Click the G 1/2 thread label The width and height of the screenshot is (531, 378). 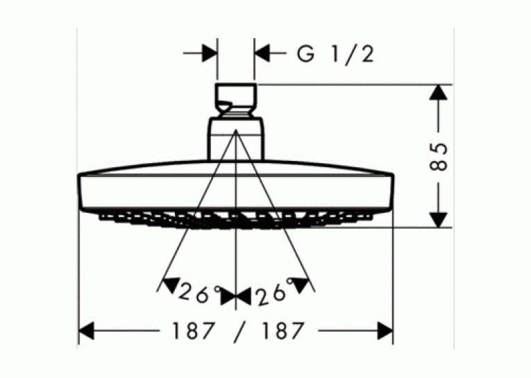(x=335, y=54)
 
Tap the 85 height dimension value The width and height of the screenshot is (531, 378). (x=439, y=157)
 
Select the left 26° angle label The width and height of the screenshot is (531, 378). (x=199, y=293)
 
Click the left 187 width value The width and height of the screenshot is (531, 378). (x=194, y=331)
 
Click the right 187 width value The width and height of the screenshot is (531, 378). (x=282, y=331)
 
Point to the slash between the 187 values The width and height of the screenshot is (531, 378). (x=239, y=333)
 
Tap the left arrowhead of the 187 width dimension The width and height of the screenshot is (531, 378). (x=86, y=331)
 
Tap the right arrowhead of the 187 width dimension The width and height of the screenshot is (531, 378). (x=385, y=331)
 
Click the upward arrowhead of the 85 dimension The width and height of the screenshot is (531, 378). (x=439, y=92)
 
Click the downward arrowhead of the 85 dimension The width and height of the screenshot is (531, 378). (x=439, y=220)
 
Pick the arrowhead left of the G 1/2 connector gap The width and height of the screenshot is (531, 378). (x=210, y=53)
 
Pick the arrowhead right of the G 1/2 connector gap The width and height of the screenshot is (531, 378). (x=262, y=53)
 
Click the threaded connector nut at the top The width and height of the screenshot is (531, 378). (x=236, y=100)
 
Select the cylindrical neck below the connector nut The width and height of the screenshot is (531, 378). (x=236, y=139)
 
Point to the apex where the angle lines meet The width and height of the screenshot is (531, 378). (x=236, y=130)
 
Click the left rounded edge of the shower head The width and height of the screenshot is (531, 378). (x=81, y=191)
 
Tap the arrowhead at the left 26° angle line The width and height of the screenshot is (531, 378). (x=170, y=285)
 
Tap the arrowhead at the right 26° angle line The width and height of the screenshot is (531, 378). (x=301, y=285)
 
